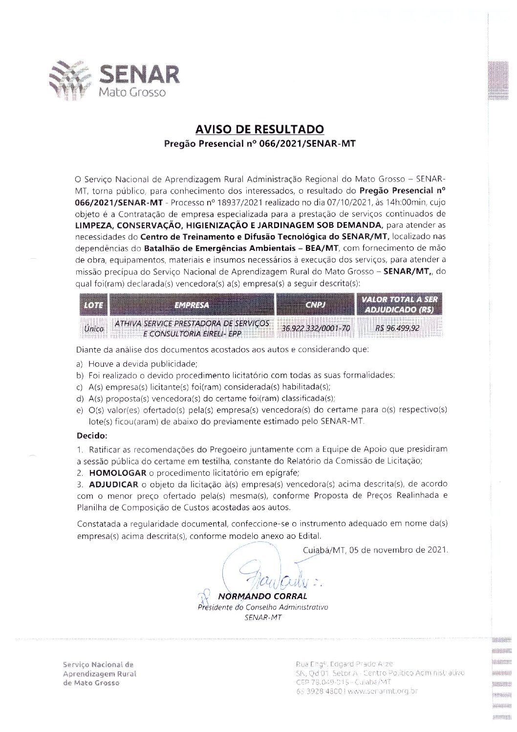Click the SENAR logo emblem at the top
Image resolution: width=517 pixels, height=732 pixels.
[70, 80]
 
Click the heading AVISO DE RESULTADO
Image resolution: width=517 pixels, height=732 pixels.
[259, 130]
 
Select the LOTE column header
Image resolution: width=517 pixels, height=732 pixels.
[93, 305]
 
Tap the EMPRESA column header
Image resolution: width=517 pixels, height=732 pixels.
[192, 305]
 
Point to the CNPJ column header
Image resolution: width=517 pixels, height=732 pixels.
[316, 305]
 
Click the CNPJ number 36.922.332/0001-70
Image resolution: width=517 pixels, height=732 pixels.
[316, 328]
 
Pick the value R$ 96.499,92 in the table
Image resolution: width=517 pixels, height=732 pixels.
[397, 328]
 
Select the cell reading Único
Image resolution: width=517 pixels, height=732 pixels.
[93, 329]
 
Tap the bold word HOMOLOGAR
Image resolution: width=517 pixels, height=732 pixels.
[117, 473]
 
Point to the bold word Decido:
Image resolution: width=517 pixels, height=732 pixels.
[92, 436]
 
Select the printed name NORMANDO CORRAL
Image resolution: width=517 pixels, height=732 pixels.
[262, 596]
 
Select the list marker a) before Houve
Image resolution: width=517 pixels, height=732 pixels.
[79, 364]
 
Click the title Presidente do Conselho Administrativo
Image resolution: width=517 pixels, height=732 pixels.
[263, 607]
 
